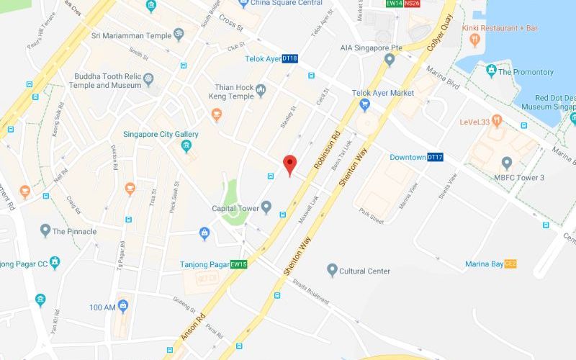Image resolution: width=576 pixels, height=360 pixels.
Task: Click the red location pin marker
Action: [x=289, y=163]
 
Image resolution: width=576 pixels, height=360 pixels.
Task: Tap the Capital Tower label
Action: [x=236, y=209]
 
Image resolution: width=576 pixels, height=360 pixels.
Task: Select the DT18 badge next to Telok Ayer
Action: [x=290, y=58]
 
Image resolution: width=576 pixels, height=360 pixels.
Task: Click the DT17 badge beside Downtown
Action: [x=435, y=157]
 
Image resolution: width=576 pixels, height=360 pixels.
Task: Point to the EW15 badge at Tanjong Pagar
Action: [x=239, y=264]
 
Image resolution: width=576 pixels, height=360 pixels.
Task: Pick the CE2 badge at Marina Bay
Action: [x=511, y=264]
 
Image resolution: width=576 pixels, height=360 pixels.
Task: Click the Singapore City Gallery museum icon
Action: [x=186, y=147]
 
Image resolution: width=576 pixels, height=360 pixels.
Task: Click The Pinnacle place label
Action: [x=74, y=231]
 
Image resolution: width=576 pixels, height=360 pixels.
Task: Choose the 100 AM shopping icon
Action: [x=122, y=306]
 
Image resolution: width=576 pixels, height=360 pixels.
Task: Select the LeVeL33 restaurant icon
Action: [x=497, y=121]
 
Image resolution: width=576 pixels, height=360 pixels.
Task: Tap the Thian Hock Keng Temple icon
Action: [x=261, y=90]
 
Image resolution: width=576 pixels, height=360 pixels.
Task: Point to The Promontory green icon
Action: [x=491, y=71]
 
